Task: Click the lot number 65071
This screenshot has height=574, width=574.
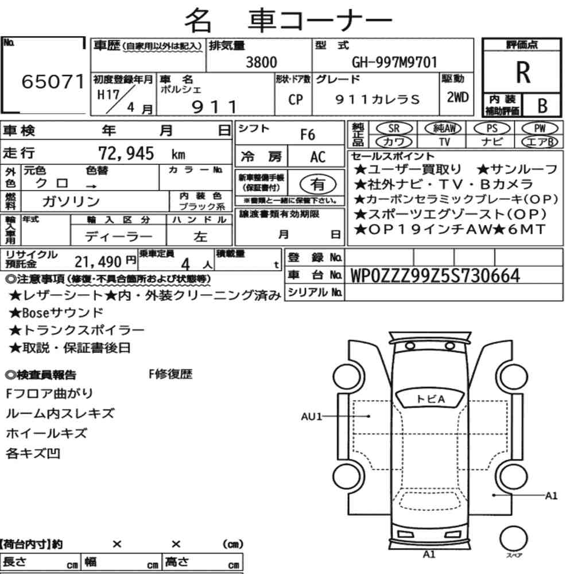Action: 53,82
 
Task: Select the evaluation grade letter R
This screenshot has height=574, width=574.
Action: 523,72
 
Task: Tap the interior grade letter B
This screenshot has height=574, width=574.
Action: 542,106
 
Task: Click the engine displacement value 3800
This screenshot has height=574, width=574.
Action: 261,62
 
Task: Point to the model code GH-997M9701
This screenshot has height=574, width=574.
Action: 395,62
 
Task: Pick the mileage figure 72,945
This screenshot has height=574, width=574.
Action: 126,153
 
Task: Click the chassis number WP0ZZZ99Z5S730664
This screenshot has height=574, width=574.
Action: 435,276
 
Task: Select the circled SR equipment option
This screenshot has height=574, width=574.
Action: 394,129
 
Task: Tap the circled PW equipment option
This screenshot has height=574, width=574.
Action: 540,128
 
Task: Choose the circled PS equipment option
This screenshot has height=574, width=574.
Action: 492,128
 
